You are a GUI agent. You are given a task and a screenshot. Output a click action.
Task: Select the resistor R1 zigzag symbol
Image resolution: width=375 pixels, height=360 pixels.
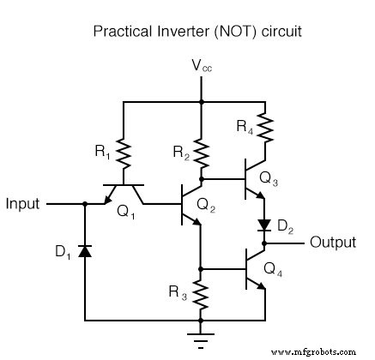click(x=124, y=153)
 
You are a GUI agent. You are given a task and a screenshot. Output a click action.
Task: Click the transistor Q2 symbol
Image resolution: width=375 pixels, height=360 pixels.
click(x=191, y=205)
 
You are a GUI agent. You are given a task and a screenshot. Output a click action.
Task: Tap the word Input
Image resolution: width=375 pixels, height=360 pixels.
click(x=23, y=204)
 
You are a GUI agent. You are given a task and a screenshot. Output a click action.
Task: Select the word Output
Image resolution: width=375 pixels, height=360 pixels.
click(x=333, y=243)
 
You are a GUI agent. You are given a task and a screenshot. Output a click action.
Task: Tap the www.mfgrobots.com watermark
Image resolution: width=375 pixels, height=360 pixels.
click(x=323, y=351)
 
